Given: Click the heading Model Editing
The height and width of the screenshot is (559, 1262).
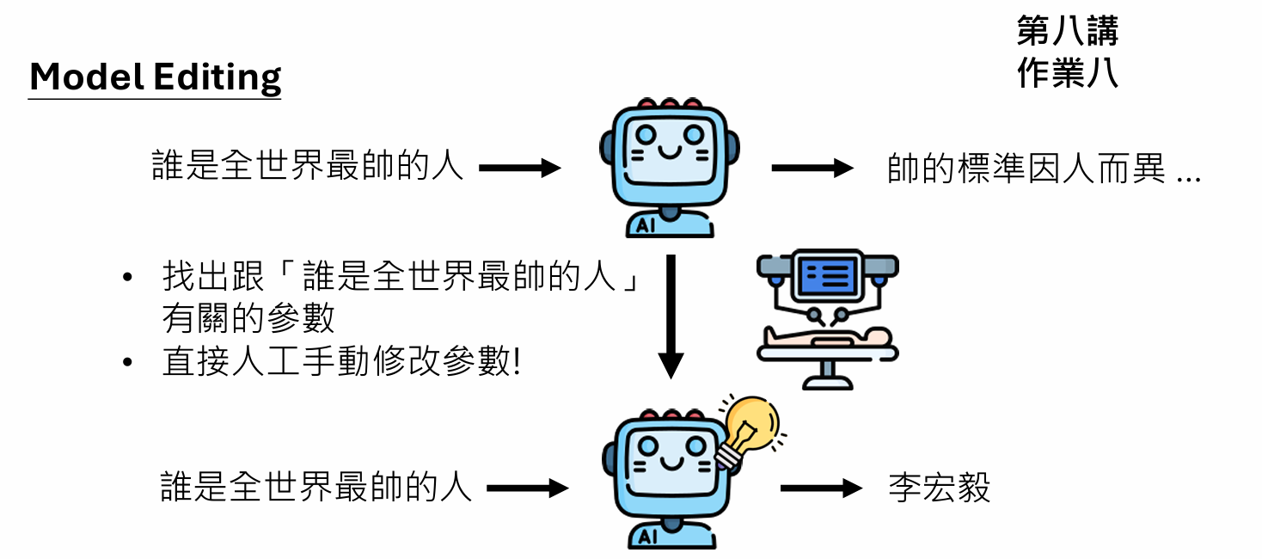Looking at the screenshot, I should click(156, 77).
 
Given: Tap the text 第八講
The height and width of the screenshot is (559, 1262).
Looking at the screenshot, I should click(1067, 32).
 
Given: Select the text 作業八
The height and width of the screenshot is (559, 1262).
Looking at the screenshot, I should click(1067, 73).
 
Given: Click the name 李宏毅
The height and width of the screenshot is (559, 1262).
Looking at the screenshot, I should click(939, 488).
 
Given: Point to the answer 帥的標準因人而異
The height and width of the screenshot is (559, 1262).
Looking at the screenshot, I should click(1026, 169).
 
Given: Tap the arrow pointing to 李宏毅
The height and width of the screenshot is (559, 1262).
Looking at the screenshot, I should click(820, 488).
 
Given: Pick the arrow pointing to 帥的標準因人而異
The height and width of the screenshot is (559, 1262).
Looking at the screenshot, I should click(812, 169).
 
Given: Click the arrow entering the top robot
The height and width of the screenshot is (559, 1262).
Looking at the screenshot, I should click(519, 169).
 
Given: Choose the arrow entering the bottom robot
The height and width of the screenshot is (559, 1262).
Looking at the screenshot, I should click(527, 488).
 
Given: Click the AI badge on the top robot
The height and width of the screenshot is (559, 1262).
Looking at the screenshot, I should click(646, 225).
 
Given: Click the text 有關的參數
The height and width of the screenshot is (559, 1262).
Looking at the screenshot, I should click(248, 319).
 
